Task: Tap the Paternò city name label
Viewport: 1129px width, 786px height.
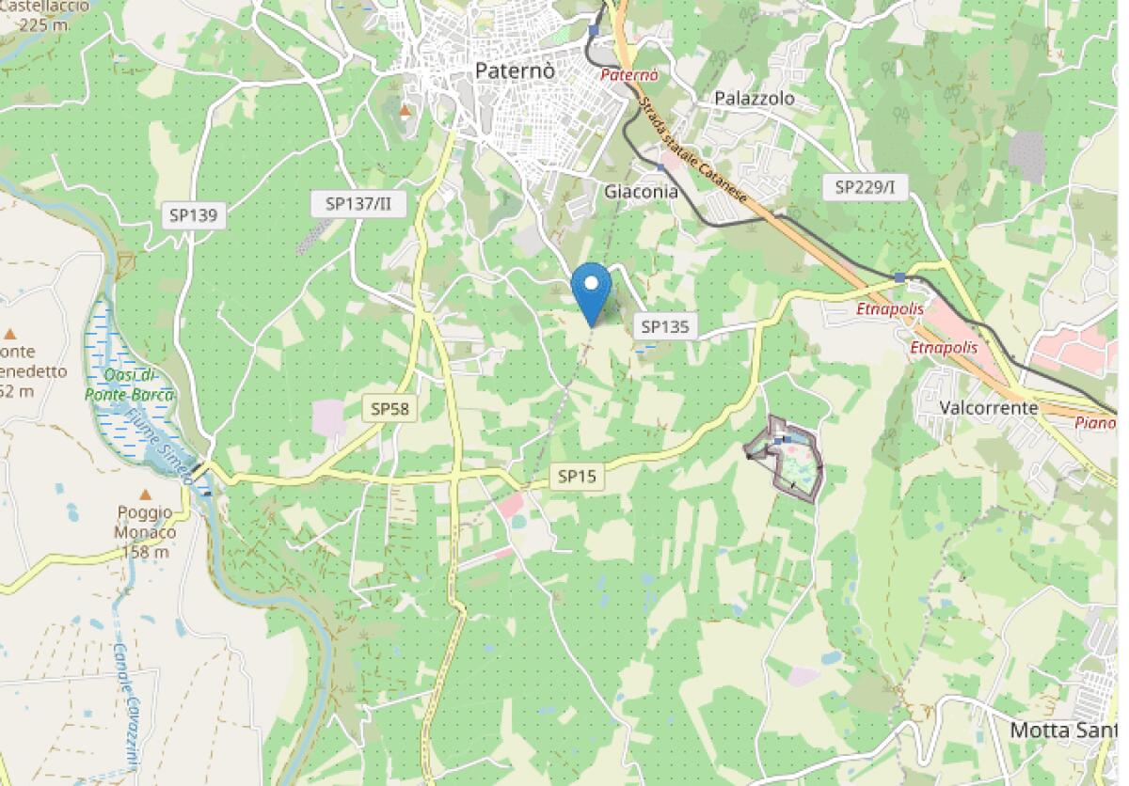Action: pos(515,71)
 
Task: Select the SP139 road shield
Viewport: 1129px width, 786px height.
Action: pos(194,215)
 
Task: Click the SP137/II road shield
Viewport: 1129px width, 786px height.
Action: pos(358,203)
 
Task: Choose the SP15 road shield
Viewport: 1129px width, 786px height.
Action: pos(577,477)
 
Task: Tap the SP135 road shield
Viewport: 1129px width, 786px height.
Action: pos(665,326)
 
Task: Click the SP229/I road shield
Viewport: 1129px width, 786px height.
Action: pos(865,187)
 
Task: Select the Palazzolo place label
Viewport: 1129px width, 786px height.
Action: pos(755,99)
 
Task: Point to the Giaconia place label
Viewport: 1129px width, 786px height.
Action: pos(641,191)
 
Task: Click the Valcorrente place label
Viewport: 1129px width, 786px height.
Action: pos(989,408)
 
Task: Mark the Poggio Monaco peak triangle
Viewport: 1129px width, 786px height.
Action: pos(146,495)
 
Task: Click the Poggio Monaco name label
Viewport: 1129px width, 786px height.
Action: pos(145,522)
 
